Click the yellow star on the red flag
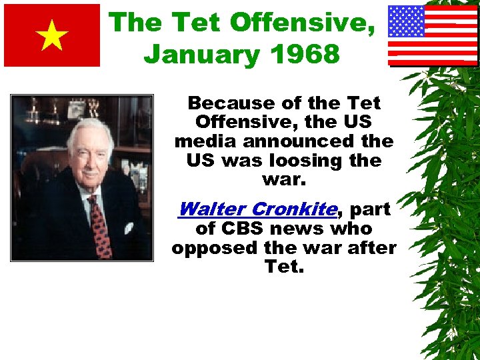[52, 36]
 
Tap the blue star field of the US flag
[407, 21]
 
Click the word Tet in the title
[197, 23]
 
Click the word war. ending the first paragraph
[284, 180]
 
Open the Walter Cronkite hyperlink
[257, 209]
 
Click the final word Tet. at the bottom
[284, 267]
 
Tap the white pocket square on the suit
[129, 227]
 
